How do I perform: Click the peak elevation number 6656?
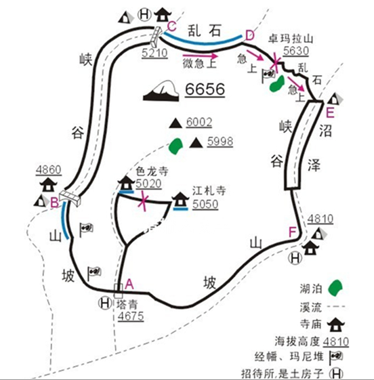[205, 89]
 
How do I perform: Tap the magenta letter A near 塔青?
[129, 284]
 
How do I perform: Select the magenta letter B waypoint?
[54, 203]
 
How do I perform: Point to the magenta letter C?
[172, 26]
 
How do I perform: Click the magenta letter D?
[249, 35]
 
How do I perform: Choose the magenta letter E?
[330, 112]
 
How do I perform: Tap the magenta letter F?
[293, 232]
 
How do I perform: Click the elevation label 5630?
[296, 51]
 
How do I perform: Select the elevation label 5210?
[154, 53]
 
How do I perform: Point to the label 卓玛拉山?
[291, 39]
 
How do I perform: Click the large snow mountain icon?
[161, 91]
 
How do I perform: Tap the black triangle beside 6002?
[175, 123]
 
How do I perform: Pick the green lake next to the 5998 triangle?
[175, 146]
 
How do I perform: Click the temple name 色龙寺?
[152, 171]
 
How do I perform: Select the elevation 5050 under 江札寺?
[205, 205]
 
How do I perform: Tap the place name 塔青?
[127, 304]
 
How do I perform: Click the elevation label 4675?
[131, 316]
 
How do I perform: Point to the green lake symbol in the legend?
[335, 288]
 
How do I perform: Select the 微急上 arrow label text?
[199, 64]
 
